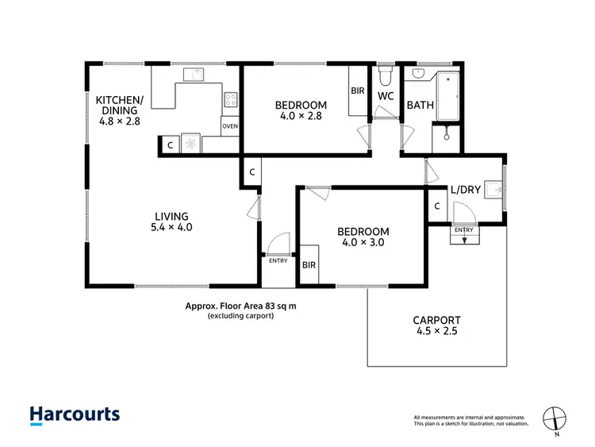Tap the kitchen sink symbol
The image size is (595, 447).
[193, 75]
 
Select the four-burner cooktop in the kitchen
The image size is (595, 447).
[231, 100]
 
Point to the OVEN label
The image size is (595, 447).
[230, 126]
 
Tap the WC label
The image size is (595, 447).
[386, 96]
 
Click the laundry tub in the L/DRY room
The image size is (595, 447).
[493, 190]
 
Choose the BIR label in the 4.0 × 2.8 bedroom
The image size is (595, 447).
[357, 91]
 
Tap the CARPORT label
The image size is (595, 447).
[436, 321]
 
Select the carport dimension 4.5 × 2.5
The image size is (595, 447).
[436, 333]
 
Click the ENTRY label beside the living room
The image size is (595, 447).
[278, 260]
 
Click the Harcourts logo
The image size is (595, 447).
[75, 414]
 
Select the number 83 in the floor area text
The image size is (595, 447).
[269, 305]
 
